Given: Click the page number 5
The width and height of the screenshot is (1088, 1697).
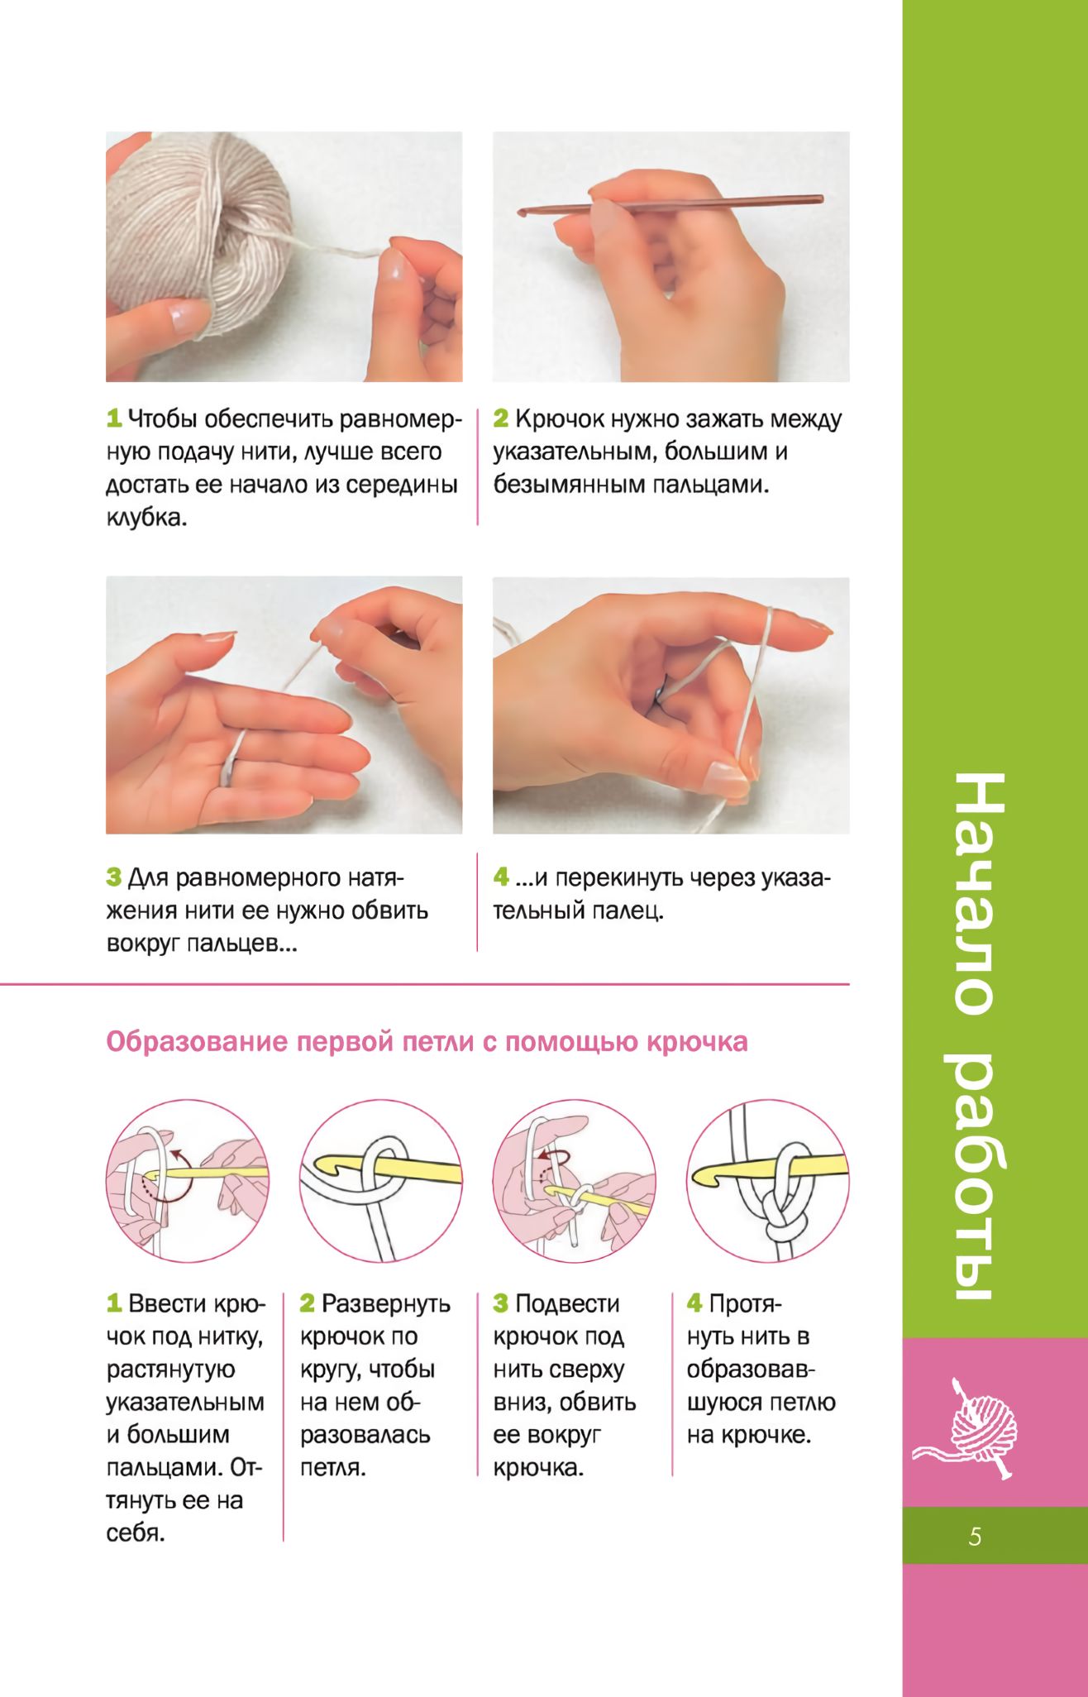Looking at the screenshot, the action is (975, 1537).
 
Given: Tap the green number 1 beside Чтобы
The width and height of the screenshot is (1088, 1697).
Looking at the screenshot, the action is (114, 418).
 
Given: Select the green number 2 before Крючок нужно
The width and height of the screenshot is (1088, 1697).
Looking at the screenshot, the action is (501, 418).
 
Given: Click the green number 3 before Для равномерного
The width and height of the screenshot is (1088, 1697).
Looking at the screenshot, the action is (114, 877).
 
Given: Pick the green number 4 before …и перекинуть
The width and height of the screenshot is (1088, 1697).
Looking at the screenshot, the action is (501, 877).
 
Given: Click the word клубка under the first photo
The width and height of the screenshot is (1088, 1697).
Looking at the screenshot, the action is (146, 518).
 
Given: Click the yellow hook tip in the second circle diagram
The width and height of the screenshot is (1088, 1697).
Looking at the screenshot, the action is (332, 1166).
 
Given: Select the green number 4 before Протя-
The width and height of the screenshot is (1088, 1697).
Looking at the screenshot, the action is (694, 1303).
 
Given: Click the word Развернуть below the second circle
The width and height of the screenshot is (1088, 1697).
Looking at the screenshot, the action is (386, 1304).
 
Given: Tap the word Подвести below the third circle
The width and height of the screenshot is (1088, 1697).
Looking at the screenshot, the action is (567, 1304).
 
